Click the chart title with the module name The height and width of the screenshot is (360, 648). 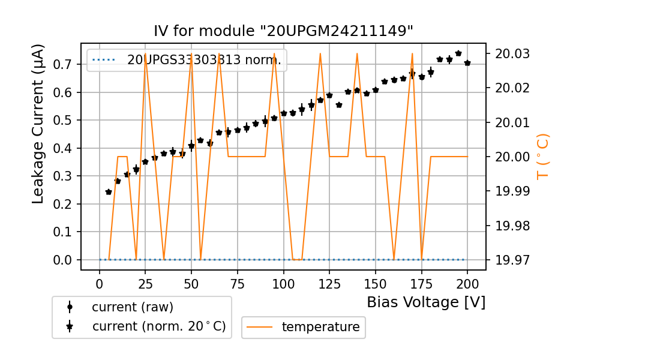(284, 31)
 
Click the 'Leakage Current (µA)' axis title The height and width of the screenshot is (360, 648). (38, 124)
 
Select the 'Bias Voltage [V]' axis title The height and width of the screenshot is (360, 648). (426, 302)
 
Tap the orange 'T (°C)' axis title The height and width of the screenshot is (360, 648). (542, 156)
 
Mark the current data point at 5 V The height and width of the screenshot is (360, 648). (109, 192)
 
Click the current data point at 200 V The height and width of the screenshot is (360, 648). (467, 63)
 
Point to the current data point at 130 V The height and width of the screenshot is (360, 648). (339, 105)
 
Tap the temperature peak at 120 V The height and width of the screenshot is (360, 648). (320, 54)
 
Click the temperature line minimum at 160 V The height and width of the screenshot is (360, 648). (394, 259)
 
